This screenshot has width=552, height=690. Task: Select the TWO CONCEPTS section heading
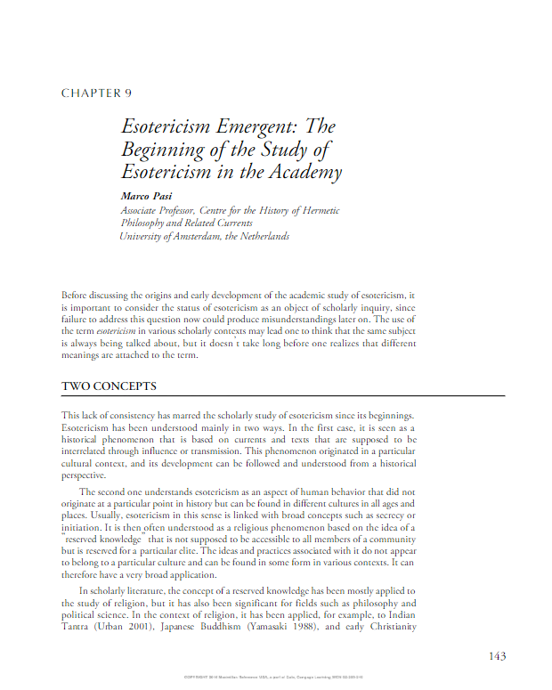click(x=109, y=386)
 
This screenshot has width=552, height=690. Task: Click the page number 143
click(x=498, y=656)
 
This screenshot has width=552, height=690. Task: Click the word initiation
click(x=83, y=527)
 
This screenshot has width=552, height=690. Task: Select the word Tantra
click(x=77, y=627)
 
